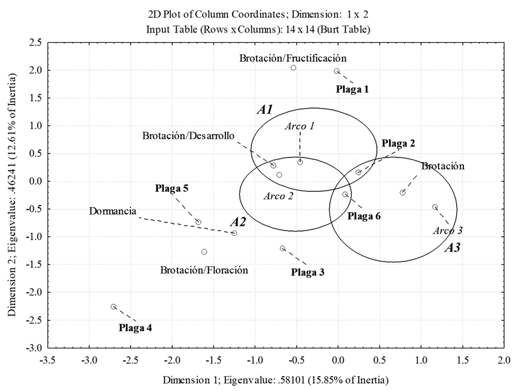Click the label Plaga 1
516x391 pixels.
click(x=352, y=89)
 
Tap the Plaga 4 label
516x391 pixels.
click(x=136, y=327)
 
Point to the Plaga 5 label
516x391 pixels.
click(x=172, y=189)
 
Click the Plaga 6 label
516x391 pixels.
click(x=364, y=216)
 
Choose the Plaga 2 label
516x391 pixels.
click(x=398, y=143)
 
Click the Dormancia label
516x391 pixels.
click(x=112, y=211)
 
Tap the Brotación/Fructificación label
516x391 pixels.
click(x=292, y=58)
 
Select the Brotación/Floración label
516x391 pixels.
click(x=204, y=269)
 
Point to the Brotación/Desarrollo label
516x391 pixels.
click(x=188, y=135)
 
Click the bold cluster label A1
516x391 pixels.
click(x=264, y=109)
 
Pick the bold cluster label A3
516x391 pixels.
click(x=452, y=247)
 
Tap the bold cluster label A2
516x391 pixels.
click(x=238, y=222)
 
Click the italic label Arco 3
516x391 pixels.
click(x=447, y=230)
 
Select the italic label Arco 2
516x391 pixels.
click(x=278, y=195)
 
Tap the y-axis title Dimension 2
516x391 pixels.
click(x=12, y=195)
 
